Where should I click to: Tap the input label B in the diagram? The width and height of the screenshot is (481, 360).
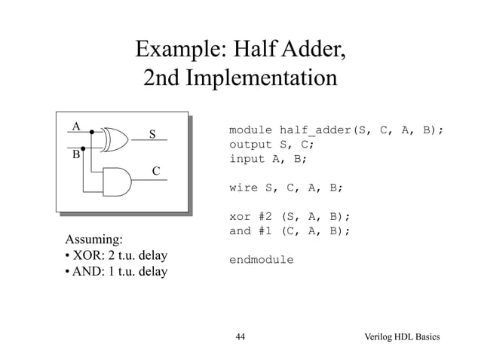75,156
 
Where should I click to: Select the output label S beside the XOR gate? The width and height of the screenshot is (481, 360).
152,135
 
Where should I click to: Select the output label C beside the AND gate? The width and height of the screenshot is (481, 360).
155,172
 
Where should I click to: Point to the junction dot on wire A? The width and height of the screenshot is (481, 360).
91,133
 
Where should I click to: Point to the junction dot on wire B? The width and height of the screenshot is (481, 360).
84,148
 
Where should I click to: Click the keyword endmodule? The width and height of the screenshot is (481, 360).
262,260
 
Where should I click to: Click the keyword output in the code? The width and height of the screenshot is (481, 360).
250,144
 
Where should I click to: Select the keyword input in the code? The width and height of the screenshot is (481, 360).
247,159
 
